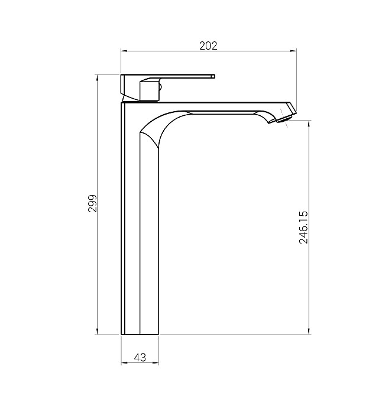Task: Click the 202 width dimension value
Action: click(x=208, y=46)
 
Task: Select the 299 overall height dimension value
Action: click(x=92, y=203)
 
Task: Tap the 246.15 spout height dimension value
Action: click(x=303, y=228)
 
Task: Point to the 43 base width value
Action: click(x=140, y=358)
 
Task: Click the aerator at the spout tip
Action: click(x=284, y=119)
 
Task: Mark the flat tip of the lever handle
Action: click(x=213, y=76)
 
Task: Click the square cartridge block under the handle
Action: click(x=150, y=90)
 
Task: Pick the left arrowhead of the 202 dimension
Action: click(x=124, y=51)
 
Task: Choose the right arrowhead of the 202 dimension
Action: click(x=293, y=51)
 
